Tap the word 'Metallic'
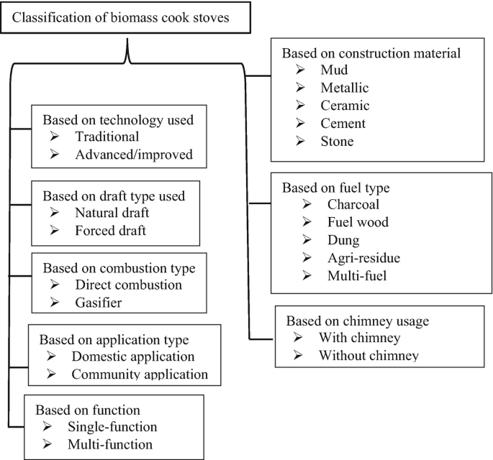[x=345, y=88]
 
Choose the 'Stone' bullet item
[x=337, y=142]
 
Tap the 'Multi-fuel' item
[x=349, y=276]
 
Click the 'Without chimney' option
[x=368, y=355]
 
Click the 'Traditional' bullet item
[x=107, y=136]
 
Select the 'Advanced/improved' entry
[x=128, y=154]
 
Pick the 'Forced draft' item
[x=111, y=231]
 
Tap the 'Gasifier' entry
[x=96, y=303]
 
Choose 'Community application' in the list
[x=140, y=374]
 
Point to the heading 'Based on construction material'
[x=371, y=53]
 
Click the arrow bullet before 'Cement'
[x=302, y=124]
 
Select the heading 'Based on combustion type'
[x=119, y=268]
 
